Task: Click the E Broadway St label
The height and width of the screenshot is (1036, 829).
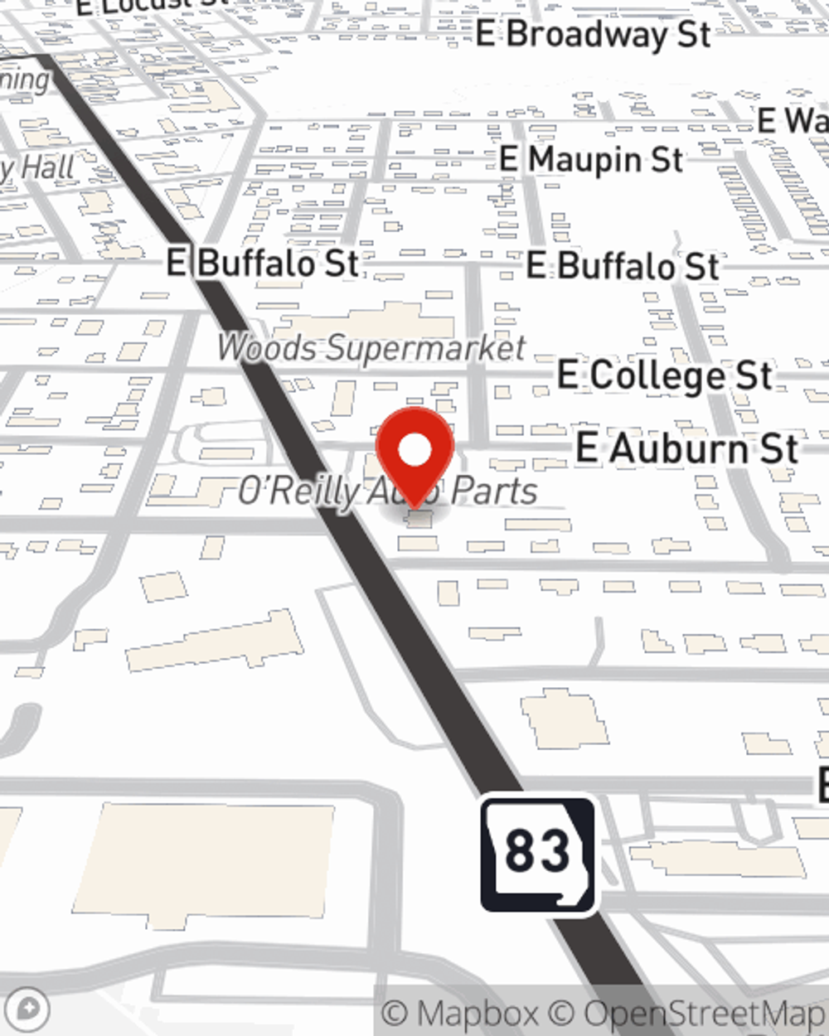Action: [x=594, y=35]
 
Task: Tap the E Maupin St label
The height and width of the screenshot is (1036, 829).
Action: [x=591, y=159]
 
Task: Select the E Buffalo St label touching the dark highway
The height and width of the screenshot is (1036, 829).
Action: [x=264, y=263]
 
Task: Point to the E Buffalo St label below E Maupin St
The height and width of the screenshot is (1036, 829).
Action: [x=623, y=266]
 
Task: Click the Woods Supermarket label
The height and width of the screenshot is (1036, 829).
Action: [x=371, y=348]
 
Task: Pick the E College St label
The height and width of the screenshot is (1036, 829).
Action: [x=665, y=375]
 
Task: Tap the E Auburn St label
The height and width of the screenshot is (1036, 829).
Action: [x=687, y=449]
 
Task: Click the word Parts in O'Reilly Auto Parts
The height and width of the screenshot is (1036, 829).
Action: [x=495, y=491]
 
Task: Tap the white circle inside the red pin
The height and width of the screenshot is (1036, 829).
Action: [x=414, y=450]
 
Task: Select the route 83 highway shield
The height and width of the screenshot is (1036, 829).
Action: [x=537, y=853]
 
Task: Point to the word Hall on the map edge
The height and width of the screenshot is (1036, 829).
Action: [x=48, y=168]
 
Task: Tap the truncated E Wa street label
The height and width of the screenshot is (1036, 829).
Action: [x=792, y=122]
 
